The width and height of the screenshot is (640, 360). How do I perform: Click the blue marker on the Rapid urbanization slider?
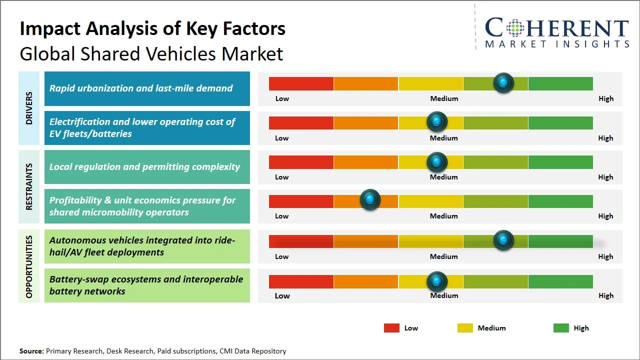(x=503, y=83)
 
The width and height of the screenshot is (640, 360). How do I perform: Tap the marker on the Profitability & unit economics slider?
(x=370, y=200)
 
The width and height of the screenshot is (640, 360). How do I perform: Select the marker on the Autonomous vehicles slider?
(x=503, y=240)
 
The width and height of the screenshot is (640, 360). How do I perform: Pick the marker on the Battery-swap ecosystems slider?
(x=437, y=281)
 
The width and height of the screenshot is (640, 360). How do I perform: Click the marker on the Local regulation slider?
(x=437, y=161)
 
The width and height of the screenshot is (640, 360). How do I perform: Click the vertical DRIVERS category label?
(x=28, y=108)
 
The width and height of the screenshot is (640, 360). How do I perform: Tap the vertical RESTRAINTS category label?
(x=28, y=186)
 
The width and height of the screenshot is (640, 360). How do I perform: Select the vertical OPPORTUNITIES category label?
(x=28, y=266)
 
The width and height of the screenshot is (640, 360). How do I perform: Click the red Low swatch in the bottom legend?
(x=391, y=328)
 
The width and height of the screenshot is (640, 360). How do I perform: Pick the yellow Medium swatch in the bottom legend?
(x=465, y=328)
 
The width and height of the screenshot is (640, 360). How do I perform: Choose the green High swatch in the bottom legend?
(x=561, y=328)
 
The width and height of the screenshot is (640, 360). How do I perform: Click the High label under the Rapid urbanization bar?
(x=606, y=98)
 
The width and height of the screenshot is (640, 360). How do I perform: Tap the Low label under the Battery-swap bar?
(x=282, y=295)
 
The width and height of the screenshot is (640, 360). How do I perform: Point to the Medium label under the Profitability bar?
(x=444, y=216)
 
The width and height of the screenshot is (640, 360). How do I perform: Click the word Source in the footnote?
(x=31, y=351)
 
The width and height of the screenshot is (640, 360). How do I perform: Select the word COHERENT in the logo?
(x=556, y=28)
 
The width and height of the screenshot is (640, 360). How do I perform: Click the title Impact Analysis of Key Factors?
(x=152, y=28)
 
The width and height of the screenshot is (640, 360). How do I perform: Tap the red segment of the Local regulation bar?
(x=301, y=162)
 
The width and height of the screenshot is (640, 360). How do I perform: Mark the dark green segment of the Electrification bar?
(x=560, y=122)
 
